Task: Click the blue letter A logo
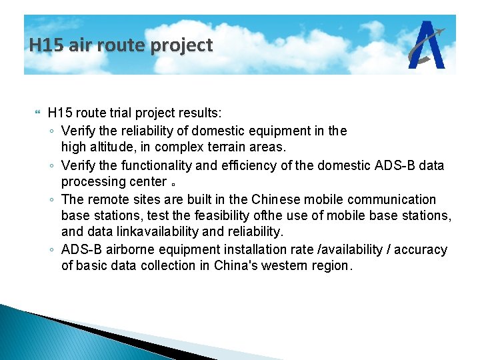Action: click(427, 45)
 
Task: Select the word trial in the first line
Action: click(113, 114)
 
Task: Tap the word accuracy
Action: click(421, 249)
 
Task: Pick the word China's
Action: click(240, 265)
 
